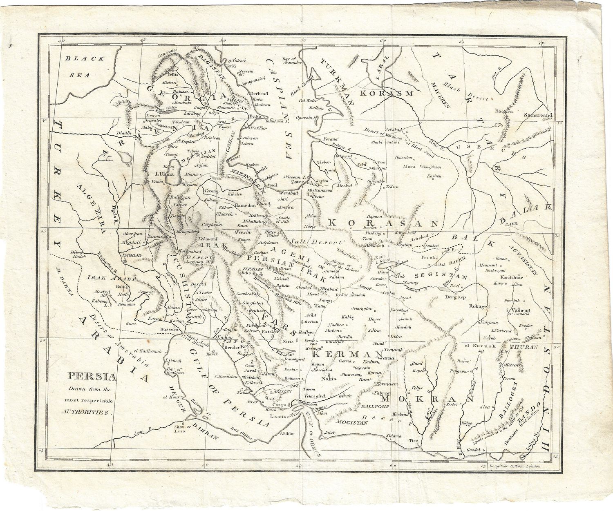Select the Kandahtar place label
(x=506, y=277)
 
